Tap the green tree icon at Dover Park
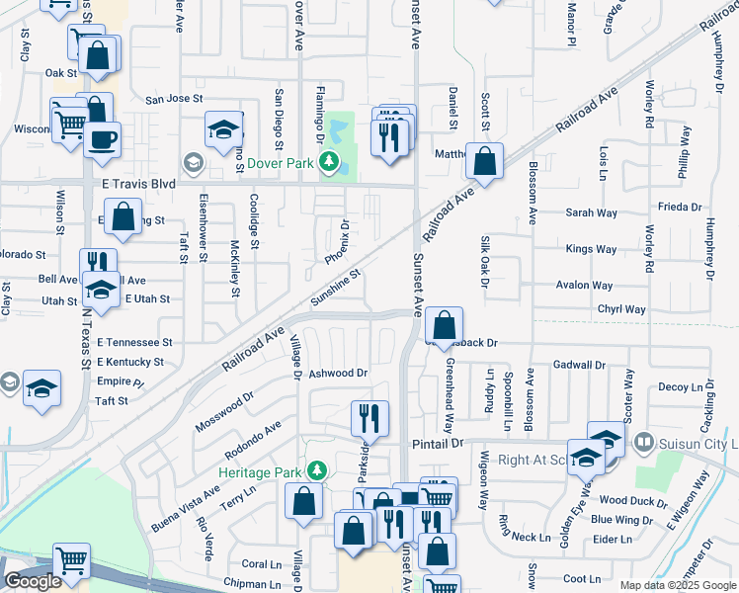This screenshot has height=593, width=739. (330, 161)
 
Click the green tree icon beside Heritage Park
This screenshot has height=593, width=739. (317, 470)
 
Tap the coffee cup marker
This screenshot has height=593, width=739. (102, 139)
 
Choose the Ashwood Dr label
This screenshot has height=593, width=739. (338, 374)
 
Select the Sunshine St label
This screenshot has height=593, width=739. (335, 288)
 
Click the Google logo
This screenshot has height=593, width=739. (33, 581)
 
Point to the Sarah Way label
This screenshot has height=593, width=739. (591, 212)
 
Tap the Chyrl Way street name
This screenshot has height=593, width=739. (620, 309)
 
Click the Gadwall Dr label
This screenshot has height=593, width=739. (579, 365)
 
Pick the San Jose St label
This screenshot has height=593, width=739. (174, 99)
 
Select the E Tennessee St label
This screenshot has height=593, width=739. (133, 342)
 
